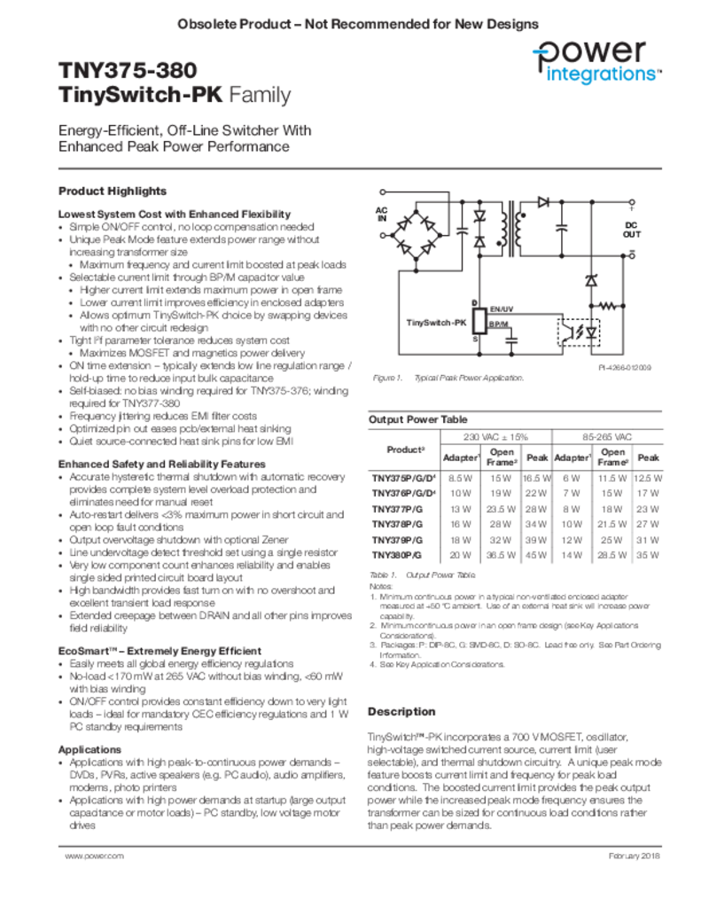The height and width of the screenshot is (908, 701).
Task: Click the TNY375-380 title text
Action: pos(128,70)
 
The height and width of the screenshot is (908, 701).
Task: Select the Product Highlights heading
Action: pos(112,191)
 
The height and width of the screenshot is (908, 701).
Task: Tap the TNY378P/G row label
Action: pos(396,524)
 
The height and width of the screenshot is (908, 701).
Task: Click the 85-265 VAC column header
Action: pos(606,437)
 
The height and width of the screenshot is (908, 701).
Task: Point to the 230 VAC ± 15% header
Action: pos(495,437)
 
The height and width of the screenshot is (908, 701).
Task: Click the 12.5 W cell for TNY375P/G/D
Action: pos(649,478)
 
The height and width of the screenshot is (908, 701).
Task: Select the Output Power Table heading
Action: pos(417,419)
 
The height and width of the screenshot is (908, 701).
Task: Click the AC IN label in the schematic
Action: pos(382,213)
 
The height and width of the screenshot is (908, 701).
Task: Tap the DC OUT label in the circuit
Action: pos(631,230)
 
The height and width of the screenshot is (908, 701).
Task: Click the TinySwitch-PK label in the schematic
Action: pos(436,322)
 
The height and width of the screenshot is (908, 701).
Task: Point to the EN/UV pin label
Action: pos(501,308)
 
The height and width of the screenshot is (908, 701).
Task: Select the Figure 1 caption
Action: pos(447,378)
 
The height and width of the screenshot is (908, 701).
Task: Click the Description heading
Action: pos(401,711)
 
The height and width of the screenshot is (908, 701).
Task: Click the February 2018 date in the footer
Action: pos(635,856)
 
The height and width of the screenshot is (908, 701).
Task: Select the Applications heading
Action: pos(90,749)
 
